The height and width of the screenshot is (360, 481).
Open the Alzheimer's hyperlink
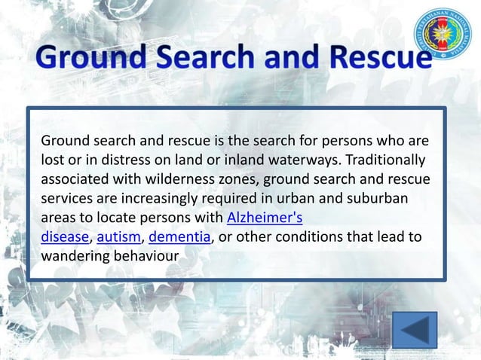pyautogui.click(x=265, y=219)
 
